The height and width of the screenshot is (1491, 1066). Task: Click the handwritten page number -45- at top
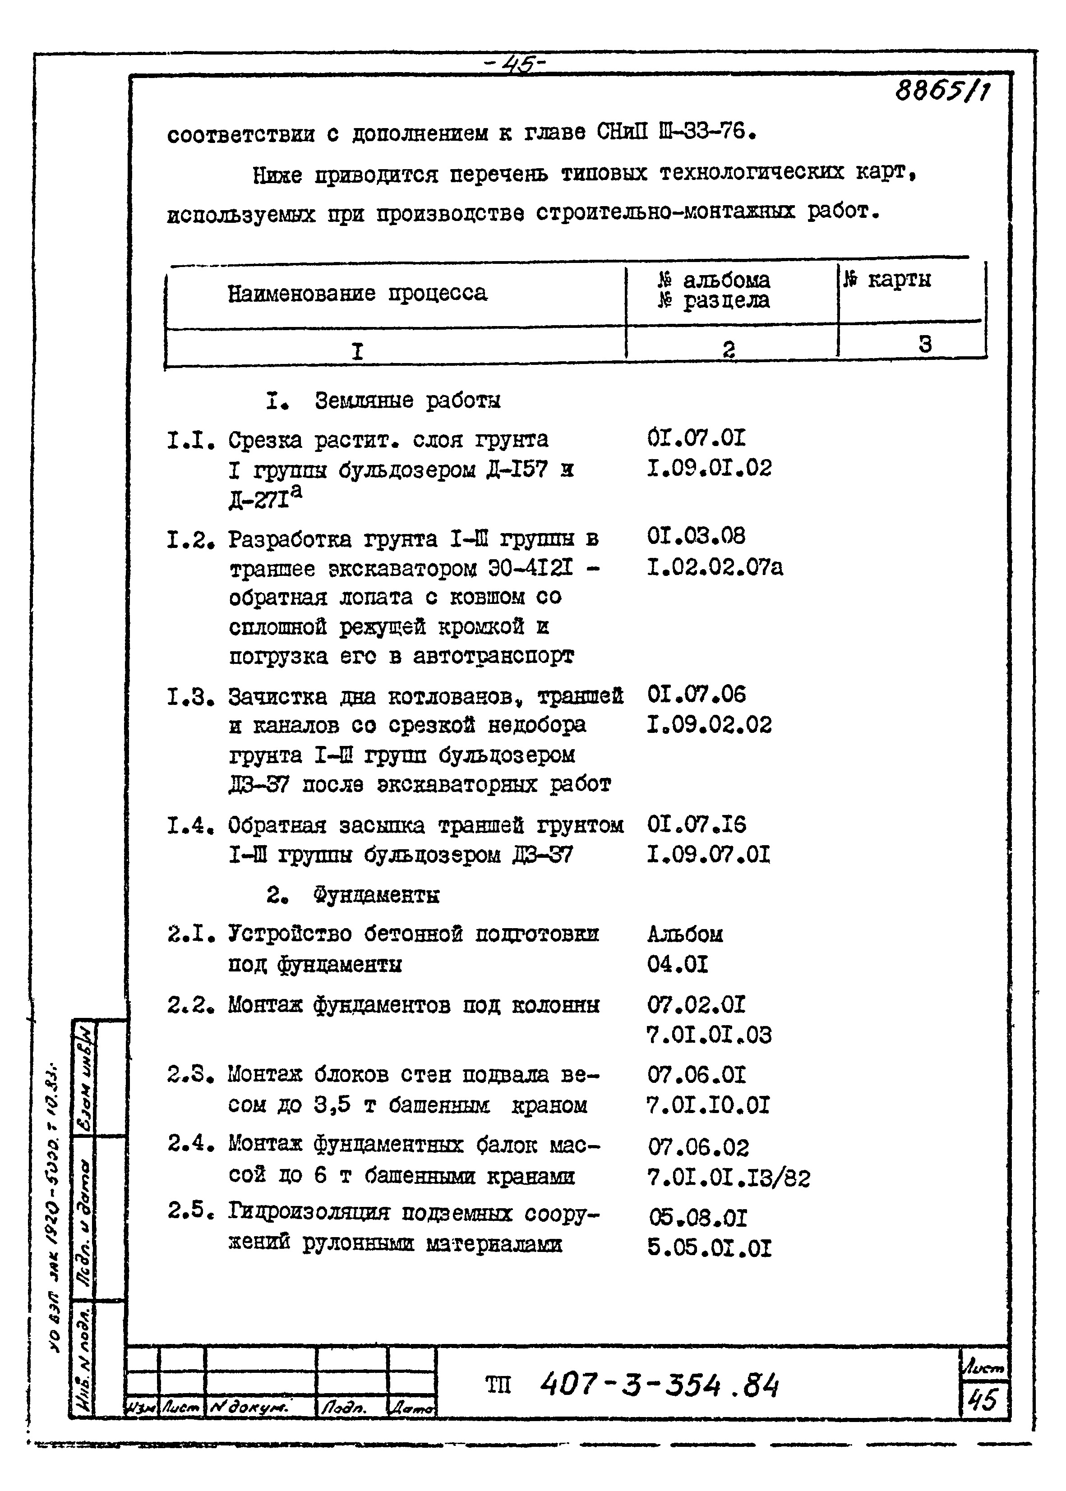tap(515, 64)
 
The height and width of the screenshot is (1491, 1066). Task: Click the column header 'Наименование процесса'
tap(357, 293)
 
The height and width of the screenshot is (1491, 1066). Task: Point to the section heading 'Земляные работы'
tap(407, 400)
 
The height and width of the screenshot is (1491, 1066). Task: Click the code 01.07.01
tap(696, 438)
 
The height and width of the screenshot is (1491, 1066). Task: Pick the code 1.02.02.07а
tap(714, 567)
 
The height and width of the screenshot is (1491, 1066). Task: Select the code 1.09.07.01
tap(708, 855)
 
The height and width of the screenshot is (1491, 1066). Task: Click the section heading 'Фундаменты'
tap(375, 895)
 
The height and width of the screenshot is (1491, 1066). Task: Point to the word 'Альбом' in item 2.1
tap(685, 934)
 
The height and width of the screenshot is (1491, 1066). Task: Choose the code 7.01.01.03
tap(709, 1035)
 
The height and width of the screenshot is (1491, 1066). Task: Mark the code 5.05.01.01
tap(709, 1247)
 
